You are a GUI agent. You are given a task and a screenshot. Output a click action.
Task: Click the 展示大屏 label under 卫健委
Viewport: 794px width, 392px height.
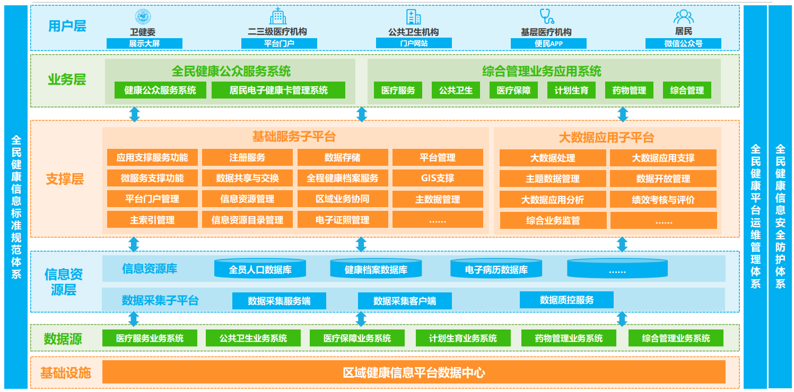point(144,43)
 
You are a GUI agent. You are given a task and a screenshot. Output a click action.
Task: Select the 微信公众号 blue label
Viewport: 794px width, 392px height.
point(683,43)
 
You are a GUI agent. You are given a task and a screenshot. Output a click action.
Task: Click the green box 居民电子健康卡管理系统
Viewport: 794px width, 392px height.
point(278,90)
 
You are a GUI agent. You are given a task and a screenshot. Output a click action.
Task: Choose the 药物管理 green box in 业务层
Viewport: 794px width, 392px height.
point(629,91)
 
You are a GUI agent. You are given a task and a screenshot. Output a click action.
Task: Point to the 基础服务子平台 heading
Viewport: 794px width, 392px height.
point(294,137)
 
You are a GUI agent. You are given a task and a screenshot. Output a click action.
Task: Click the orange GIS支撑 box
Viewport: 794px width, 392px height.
point(438,178)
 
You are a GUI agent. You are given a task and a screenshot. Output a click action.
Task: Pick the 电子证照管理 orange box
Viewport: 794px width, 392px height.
point(342,220)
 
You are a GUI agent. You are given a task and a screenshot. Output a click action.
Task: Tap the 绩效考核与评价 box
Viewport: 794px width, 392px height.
point(663,200)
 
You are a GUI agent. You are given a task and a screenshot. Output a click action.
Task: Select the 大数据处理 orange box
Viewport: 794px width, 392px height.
point(553,158)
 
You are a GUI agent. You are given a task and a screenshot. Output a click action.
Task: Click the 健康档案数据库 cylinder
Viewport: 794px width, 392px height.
point(376,269)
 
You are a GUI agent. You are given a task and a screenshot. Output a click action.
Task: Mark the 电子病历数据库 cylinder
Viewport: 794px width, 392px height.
point(496,269)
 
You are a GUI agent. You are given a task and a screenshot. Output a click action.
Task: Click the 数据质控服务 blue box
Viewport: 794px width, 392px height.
point(566,300)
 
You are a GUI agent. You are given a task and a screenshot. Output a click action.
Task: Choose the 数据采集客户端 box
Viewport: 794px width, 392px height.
point(404,301)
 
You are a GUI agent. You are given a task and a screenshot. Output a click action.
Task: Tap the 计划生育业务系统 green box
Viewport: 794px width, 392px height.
point(463,338)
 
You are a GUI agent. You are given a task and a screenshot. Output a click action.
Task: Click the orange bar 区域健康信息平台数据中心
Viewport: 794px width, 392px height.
point(414,372)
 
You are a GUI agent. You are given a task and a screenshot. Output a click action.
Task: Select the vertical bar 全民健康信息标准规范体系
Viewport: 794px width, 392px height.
point(16,207)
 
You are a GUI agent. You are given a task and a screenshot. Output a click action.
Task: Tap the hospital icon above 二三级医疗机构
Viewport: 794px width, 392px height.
point(277,16)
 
